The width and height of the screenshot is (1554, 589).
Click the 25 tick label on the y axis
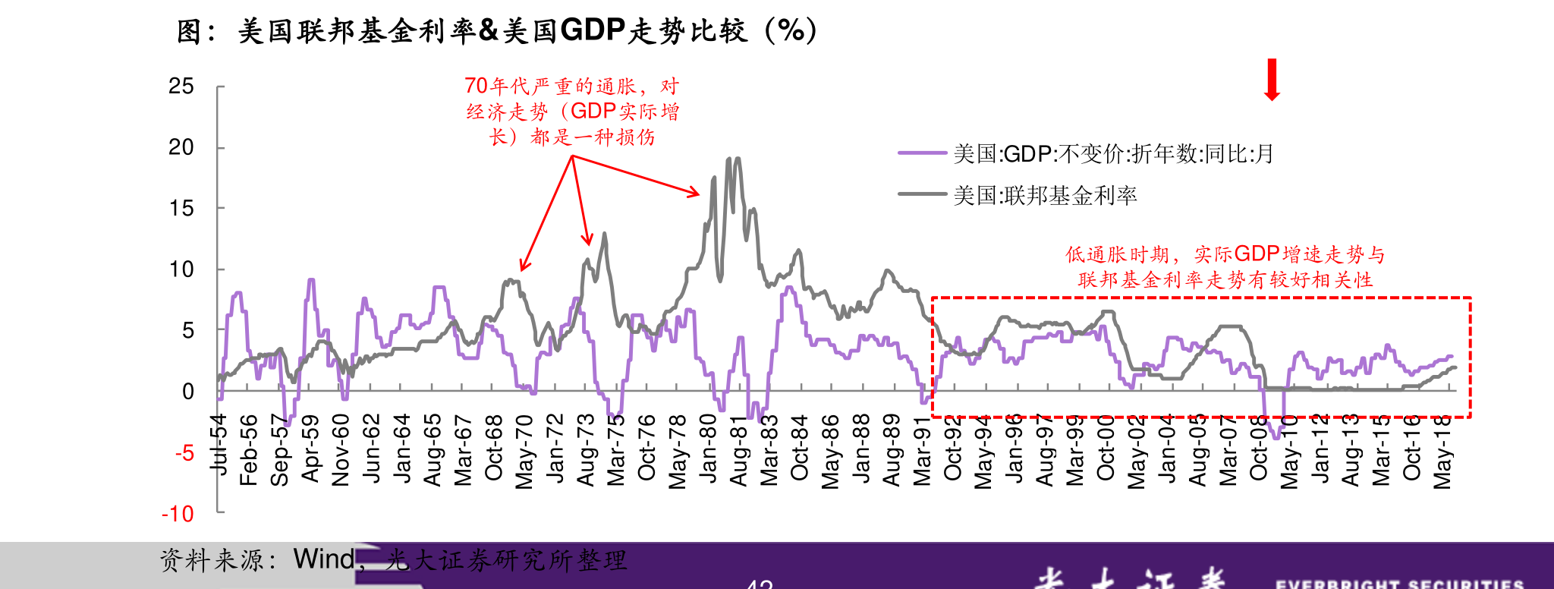181,87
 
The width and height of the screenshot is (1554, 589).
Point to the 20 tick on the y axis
181,147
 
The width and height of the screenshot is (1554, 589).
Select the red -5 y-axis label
184,454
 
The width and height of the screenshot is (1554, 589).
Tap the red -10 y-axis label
178,515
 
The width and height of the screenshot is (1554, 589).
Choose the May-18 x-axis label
1442,452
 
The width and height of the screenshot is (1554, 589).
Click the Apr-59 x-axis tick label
310,448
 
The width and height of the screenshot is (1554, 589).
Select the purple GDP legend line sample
922,153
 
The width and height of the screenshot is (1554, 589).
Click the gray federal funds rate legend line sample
922,194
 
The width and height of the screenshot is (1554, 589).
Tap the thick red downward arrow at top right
1272,80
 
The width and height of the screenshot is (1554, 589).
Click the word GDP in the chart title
593,30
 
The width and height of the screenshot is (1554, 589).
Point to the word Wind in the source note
323,559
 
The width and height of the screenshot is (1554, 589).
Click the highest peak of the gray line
729,159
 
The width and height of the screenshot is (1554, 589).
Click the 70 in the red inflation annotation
476,87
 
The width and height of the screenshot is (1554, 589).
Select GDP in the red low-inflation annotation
1257,254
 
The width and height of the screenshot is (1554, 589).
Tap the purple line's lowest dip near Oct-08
1276,437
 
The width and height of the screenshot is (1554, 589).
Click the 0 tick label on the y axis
188,392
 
